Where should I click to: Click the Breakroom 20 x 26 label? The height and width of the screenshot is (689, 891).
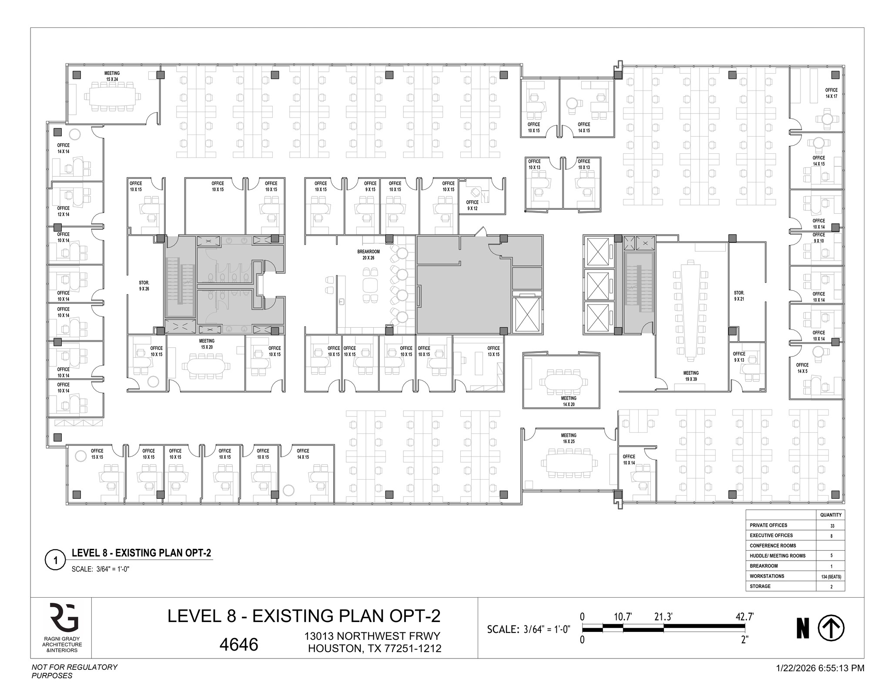click(368, 255)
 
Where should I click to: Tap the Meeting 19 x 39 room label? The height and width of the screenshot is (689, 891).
click(691, 376)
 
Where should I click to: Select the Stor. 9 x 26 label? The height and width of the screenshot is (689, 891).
click(144, 286)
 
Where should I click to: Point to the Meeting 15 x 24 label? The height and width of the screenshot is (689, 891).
click(112, 76)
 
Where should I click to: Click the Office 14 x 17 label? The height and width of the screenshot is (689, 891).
click(831, 93)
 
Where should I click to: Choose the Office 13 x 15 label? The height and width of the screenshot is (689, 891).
click(493, 351)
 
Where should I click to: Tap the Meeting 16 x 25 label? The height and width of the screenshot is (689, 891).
click(569, 438)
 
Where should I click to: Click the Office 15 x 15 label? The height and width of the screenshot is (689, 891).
click(97, 454)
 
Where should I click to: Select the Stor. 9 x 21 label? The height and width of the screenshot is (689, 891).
click(739, 296)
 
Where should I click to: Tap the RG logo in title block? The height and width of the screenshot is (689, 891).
click(64, 617)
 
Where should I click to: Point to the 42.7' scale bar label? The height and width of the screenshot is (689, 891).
click(744, 617)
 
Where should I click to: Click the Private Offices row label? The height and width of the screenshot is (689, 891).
click(768, 525)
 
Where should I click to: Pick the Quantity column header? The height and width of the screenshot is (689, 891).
click(831, 515)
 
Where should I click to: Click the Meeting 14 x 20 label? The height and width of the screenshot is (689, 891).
click(569, 401)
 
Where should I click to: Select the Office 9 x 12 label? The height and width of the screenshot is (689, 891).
click(472, 205)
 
